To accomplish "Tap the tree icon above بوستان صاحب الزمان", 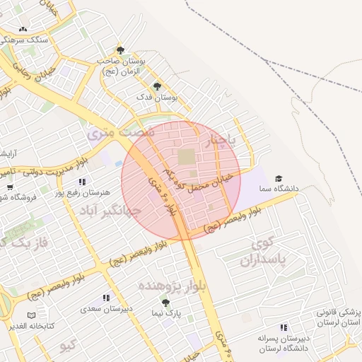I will click(121, 50).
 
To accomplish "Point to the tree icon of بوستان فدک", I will click(157, 86).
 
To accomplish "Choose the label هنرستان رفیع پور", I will click(107, 192).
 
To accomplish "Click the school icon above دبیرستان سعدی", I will click(106, 298).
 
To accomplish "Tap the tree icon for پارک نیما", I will click(165, 303).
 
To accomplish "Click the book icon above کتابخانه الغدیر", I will click(30, 315).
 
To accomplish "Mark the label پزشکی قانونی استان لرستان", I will click(338, 317).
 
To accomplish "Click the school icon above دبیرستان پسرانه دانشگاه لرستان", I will click(284, 328).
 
